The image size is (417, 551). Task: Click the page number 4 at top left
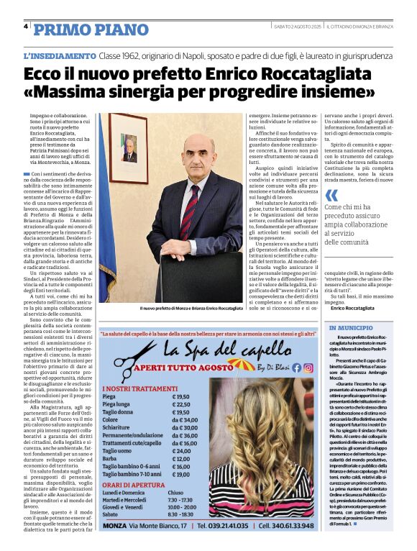pyautogui.click(x=26, y=27)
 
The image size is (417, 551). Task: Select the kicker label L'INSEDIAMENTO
pyautogui.click(x=59, y=55)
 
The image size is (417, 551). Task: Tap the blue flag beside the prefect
pyautogui.click(x=107, y=216)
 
